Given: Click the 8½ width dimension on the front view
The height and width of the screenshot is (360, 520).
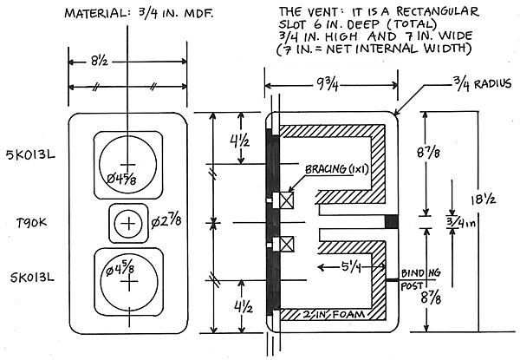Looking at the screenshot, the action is [99, 62].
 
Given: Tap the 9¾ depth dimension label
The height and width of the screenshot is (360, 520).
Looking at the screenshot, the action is [326, 86].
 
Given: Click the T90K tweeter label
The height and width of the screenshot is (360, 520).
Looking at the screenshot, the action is [32, 223].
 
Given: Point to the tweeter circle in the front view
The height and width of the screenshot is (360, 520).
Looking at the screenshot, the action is [128, 209].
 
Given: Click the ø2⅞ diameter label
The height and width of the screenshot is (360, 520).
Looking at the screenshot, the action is [166, 221].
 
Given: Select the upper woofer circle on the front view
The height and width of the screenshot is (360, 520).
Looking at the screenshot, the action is [127, 136].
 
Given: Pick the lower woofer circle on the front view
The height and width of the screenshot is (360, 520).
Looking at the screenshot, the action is [129, 254].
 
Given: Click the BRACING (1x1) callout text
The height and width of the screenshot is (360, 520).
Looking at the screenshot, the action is [337, 169].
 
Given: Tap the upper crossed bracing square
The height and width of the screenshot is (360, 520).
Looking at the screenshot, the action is [287, 200].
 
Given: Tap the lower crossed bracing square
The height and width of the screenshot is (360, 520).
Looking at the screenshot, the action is [287, 245].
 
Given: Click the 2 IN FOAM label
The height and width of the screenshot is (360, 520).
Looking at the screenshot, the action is [334, 314].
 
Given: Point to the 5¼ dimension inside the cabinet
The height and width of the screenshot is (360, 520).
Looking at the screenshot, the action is [351, 266].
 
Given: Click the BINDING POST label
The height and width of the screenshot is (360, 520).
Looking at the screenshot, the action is [420, 279].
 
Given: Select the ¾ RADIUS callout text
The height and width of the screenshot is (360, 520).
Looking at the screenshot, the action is [483, 83].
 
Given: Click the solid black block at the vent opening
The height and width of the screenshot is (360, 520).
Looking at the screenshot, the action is [392, 222].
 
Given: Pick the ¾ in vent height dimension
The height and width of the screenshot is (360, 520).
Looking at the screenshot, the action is [461, 222].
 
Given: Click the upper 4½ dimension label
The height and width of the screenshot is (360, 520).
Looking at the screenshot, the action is [239, 142].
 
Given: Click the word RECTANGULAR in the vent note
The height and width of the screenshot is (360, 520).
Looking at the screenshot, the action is [438, 11].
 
